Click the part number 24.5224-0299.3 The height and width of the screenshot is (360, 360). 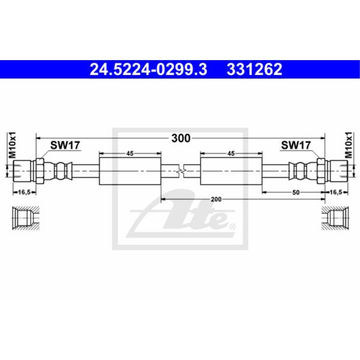click(x=148, y=69)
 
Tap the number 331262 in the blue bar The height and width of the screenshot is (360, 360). click(x=254, y=69)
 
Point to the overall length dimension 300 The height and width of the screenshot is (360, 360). click(x=180, y=138)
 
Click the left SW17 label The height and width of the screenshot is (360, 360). click(x=65, y=145)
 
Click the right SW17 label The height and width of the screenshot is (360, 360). click(x=296, y=145)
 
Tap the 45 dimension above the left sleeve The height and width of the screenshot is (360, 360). click(x=130, y=153)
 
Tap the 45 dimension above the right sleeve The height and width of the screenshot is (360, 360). click(x=231, y=153)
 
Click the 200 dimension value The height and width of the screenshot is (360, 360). click(x=216, y=199)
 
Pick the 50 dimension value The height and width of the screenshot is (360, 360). click(x=296, y=193)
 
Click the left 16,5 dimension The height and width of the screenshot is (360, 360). click(x=24, y=193)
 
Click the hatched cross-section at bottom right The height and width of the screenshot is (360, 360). click(x=335, y=218)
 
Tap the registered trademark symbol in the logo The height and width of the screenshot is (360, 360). click(x=232, y=227)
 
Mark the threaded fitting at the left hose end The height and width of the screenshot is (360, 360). click(x=22, y=171)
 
